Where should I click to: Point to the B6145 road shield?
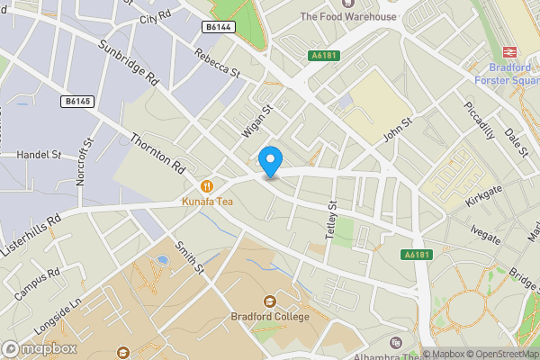tap(78, 101)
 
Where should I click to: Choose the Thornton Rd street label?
tap(157, 154)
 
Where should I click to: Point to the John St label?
tap(397, 129)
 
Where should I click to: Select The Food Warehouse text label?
tap(347, 16)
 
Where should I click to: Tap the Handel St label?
tap(39, 155)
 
